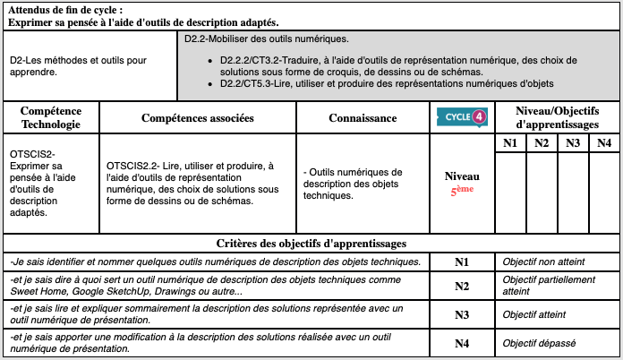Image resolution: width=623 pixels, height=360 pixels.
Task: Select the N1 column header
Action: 510,143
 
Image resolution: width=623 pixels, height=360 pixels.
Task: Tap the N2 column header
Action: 542,143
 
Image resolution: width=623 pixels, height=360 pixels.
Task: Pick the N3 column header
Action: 573,143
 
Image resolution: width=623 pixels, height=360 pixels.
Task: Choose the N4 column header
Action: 604,143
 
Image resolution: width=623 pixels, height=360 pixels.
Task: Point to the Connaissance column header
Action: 363,118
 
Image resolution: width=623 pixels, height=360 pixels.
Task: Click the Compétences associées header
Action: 198,118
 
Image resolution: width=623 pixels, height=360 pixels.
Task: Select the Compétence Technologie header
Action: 50,117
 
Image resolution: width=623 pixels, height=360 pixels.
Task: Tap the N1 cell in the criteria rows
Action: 462,262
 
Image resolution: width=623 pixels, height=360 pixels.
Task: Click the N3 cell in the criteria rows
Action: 462,314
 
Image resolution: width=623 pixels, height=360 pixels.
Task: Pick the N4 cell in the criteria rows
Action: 462,343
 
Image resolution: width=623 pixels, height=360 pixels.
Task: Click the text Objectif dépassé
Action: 538,343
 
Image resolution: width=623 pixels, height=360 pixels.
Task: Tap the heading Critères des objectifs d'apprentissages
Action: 311,243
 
